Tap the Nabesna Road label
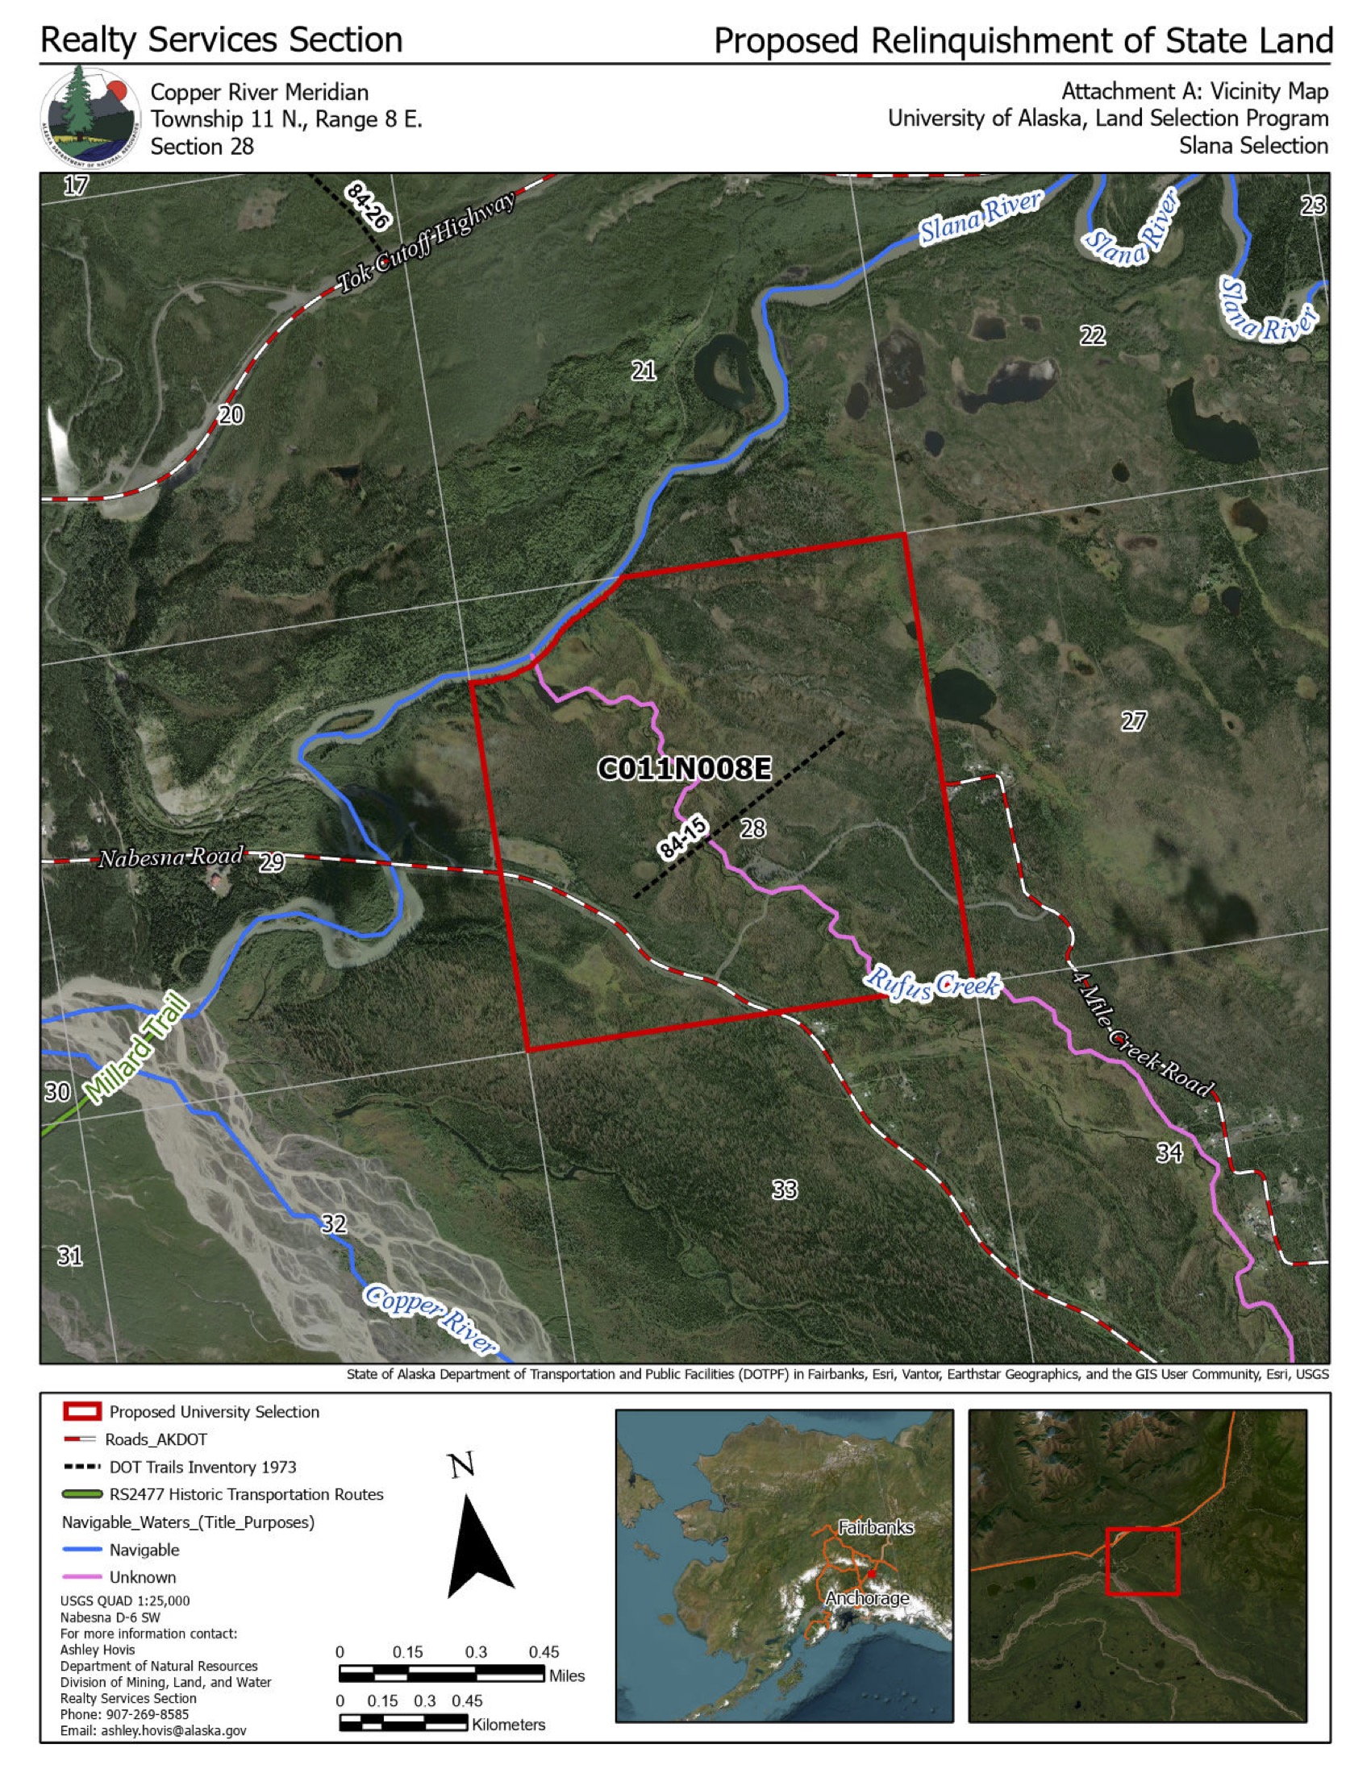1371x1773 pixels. click(x=170, y=857)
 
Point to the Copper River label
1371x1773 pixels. click(x=428, y=1318)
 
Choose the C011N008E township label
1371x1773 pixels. click(x=684, y=768)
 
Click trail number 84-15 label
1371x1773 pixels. click(x=683, y=839)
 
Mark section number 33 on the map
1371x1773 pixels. click(x=784, y=1190)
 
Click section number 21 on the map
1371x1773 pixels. click(x=644, y=371)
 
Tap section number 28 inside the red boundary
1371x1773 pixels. click(x=753, y=828)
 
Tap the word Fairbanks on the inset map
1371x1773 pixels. click(x=876, y=1528)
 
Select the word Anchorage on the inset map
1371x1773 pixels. click(x=867, y=1597)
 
